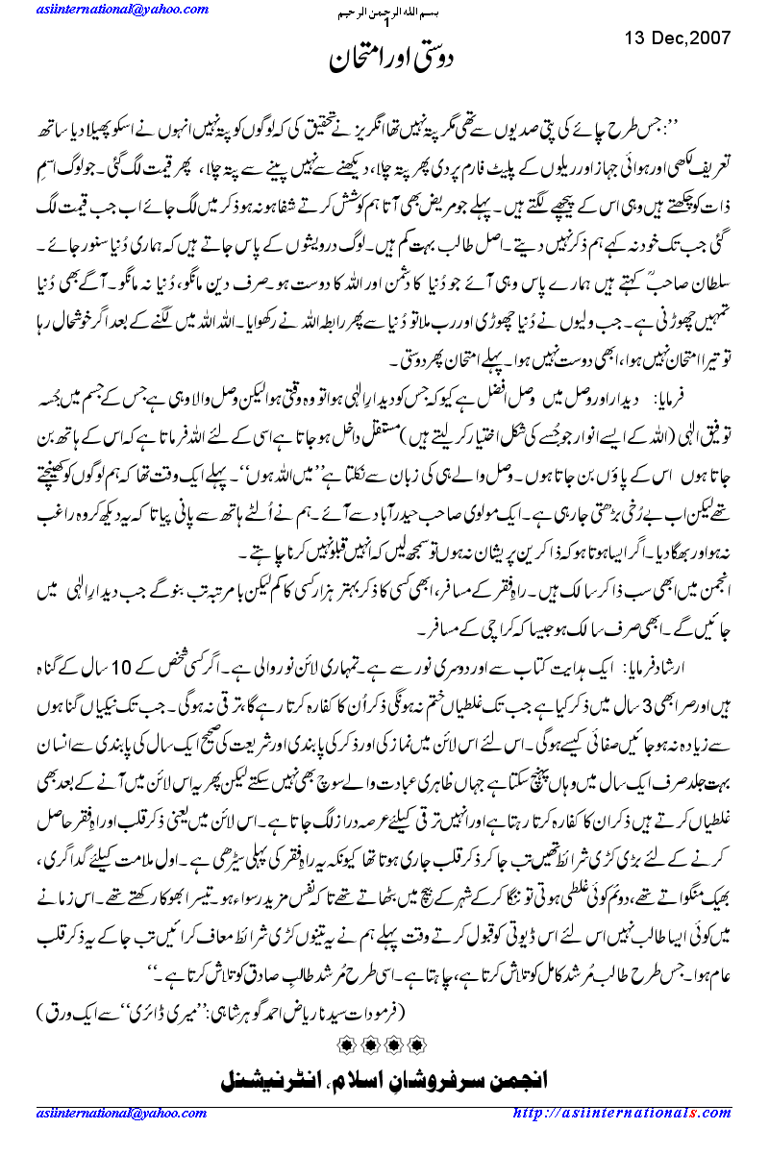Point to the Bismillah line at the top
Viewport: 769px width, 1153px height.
coord(384,12)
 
